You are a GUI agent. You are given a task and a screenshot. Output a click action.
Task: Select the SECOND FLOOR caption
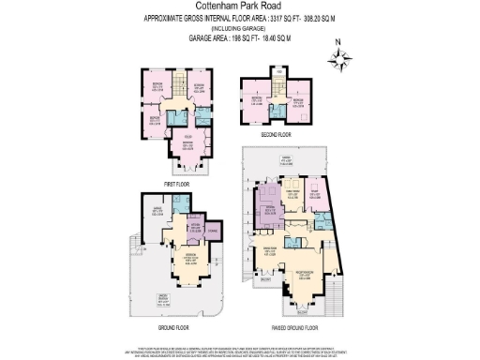(276, 134)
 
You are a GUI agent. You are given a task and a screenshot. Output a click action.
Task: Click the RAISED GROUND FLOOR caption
(291, 327)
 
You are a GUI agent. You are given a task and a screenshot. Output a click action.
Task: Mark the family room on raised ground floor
(291, 195)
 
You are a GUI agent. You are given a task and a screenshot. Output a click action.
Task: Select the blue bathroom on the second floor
(282, 108)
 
